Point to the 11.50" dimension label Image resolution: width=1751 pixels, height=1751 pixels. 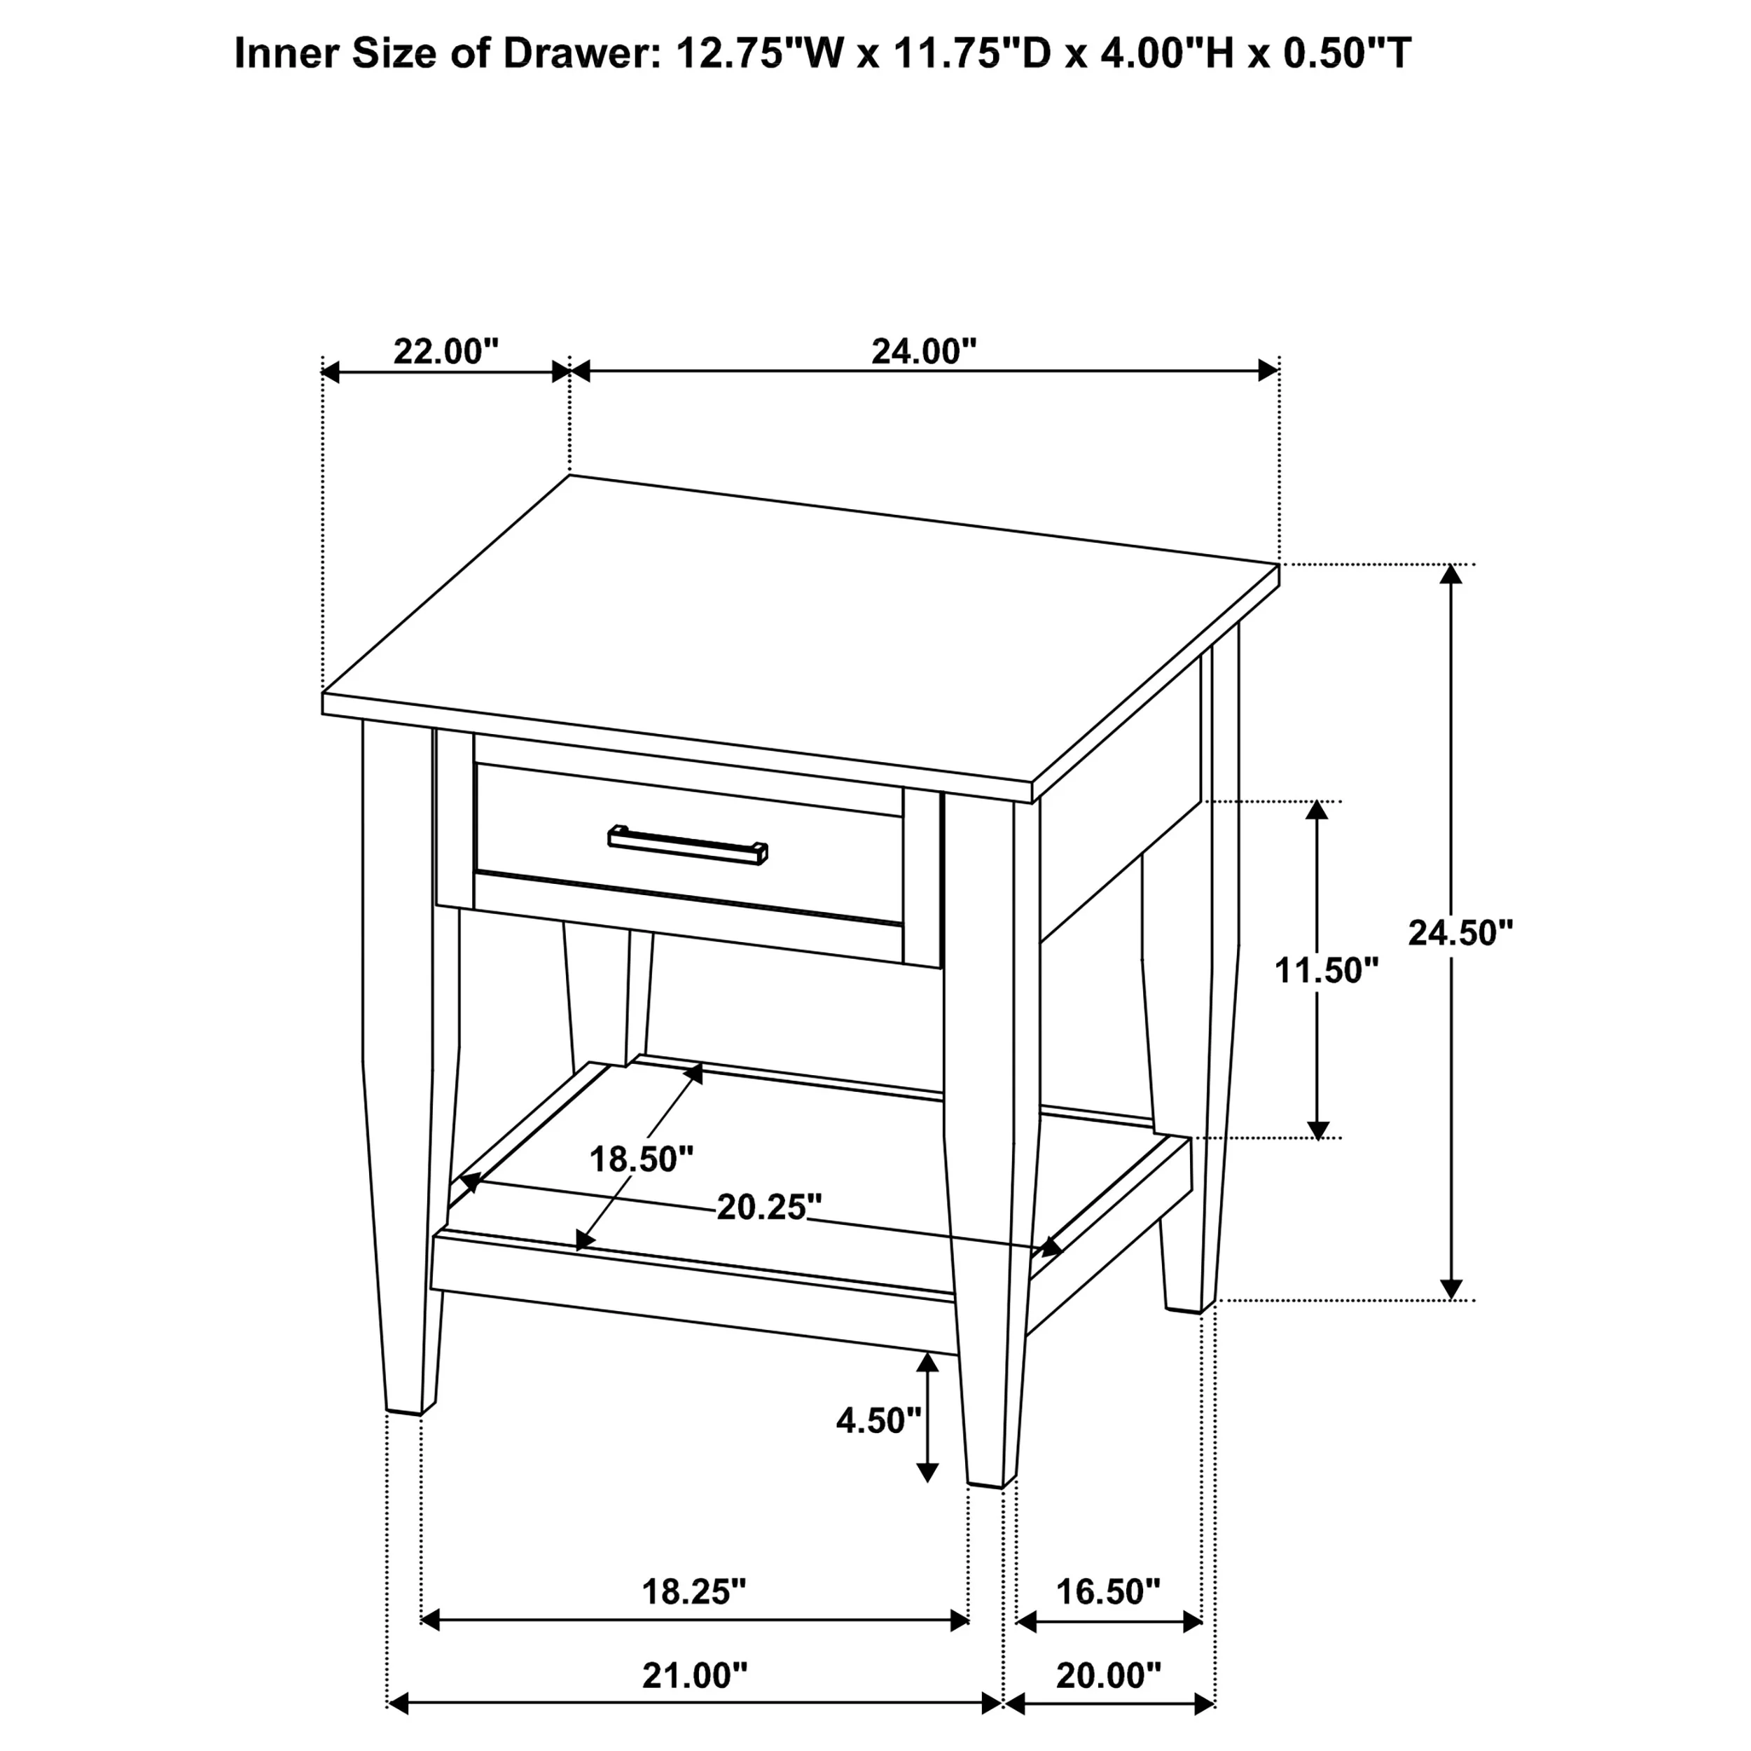click(1327, 971)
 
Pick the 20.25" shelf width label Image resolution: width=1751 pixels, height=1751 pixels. click(770, 1207)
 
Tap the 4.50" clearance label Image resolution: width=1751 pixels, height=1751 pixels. click(878, 1420)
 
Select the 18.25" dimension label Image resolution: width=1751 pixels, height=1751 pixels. click(694, 1591)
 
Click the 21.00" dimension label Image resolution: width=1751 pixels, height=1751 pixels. click(695, 1676)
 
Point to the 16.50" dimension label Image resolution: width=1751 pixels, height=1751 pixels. click(1109, 1591)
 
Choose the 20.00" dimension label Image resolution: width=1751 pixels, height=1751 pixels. click(1109, 1676)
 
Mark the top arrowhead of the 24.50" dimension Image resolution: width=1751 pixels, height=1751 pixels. click(1451, 574)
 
